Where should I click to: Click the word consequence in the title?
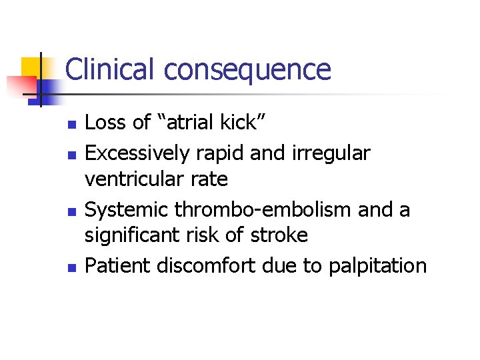pos(247,69)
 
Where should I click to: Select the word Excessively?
pos(138,153)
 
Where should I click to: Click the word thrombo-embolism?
pos(264,210)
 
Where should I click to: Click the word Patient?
pos(118,266)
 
